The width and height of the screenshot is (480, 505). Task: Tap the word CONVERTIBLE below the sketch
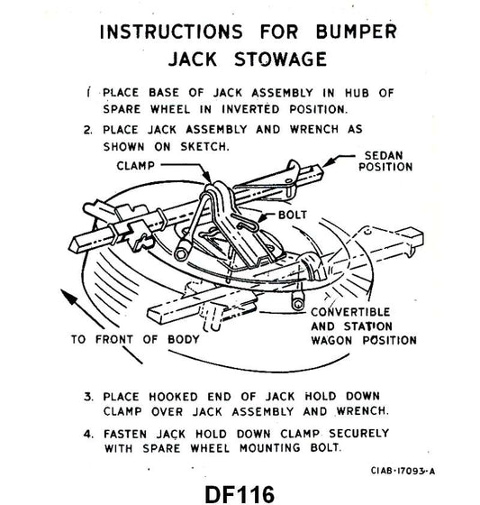[350, 314]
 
